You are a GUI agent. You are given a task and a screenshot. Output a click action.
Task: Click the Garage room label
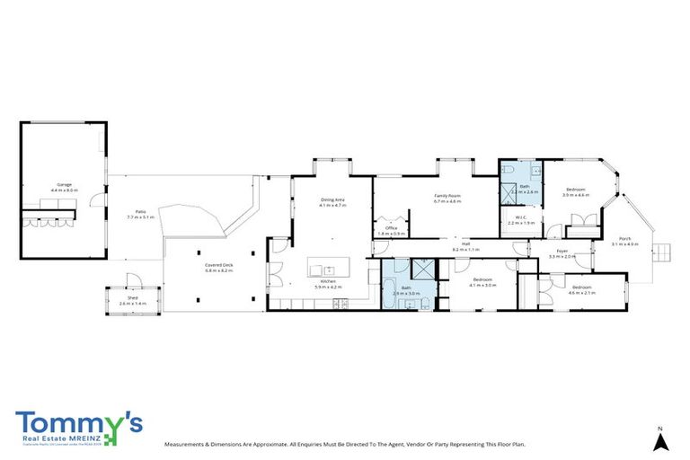pyautogui.click(x=64, y=184)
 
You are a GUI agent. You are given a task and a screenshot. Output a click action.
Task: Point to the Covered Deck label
pyautogui.click(x=218, y=265)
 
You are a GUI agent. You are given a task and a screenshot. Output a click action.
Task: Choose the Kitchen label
pyautogui.click(x=329, y=282)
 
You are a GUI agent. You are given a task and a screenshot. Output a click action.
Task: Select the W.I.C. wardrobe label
pyautogui.click(x=521, y=217)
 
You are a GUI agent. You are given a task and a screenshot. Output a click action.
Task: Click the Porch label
pyautogui.click(x=625, y=238)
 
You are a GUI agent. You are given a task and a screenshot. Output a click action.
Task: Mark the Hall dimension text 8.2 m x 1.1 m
pyautogui.click(x=466, y=249)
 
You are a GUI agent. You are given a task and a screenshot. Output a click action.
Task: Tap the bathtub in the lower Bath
pyautogui.click(x=389, y=290)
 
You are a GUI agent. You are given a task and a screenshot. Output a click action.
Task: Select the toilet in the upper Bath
pyautogui.click(x=509, y=171)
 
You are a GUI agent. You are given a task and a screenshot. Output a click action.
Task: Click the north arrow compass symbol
pyautogui.click(x=660, y=441)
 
